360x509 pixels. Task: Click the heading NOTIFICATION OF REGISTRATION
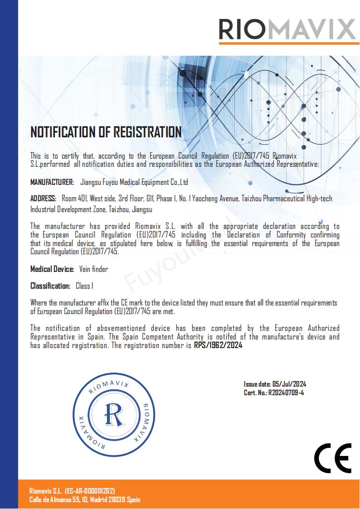[x=106, y=132]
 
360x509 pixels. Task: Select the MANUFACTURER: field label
[x=52, y=182]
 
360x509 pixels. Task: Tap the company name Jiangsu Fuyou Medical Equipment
[x=134, y=182]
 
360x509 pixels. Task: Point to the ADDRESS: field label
[x=44, y=199]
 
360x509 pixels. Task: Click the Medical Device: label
[x=52, y=269]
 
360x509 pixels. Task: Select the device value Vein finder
[x=93, y=269]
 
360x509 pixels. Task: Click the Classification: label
[x=50, y=286]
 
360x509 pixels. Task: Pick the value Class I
[x=84, y=286]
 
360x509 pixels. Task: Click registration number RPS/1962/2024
[x=218, y=345]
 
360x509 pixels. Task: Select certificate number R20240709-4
[x=286, y=393]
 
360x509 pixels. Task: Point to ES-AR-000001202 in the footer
[x=90, y=491]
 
